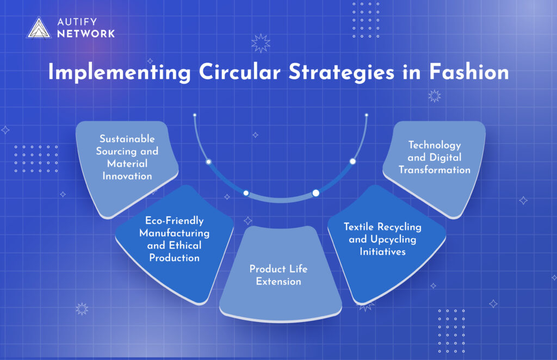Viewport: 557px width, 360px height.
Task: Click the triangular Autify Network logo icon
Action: coord(39,28)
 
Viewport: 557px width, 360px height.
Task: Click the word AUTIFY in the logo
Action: coord(77,22)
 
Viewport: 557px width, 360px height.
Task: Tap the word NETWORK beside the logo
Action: coord(86,34)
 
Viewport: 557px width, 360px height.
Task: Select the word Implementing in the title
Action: coord(119,72)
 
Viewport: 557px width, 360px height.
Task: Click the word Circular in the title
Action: coord(240,72)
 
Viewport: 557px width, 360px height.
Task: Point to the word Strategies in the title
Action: coord(342,72)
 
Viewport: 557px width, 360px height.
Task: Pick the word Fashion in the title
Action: coord(469,72)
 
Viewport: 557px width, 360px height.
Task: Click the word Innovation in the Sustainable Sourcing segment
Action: coord(127,176)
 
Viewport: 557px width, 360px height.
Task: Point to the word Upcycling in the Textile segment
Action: coord(393,240)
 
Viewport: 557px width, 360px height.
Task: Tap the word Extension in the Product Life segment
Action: coord(278,282)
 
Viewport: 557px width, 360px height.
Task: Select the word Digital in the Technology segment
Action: coord(445,158)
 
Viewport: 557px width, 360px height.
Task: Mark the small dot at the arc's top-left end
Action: coord(195,115)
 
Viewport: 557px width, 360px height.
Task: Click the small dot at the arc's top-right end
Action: coord(367,115)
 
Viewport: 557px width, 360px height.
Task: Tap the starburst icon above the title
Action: coord(261,44)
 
